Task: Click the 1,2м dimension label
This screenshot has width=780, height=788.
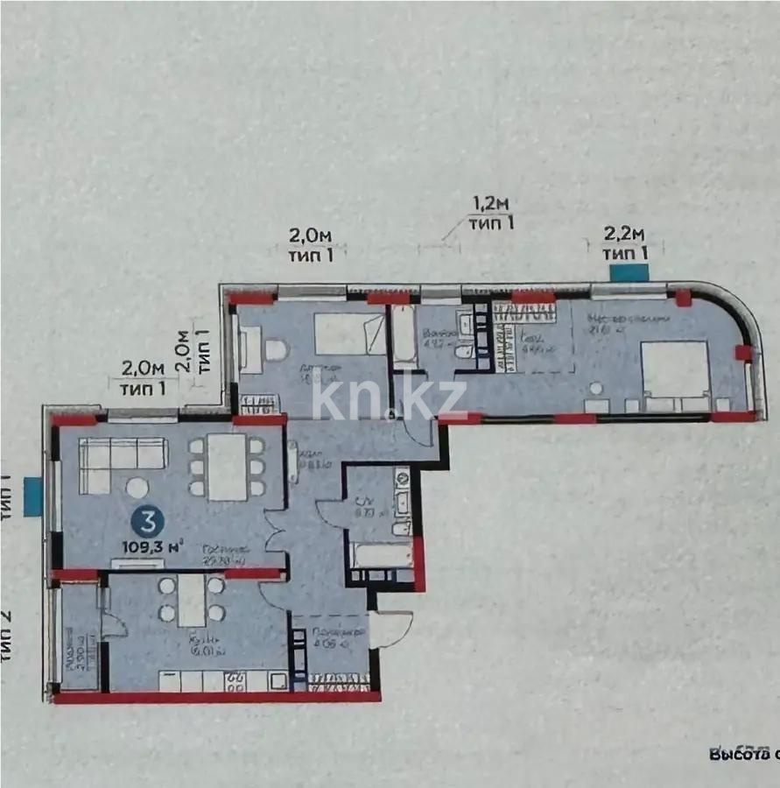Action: [491, 204]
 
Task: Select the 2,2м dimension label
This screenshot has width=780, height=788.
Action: [626, 234]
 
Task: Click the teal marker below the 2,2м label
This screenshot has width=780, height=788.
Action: [628, 271]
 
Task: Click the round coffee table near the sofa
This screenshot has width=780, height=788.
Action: [137, 488]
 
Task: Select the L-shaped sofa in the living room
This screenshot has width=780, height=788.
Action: [123, 461]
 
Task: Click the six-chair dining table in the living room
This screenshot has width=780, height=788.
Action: [227, 468]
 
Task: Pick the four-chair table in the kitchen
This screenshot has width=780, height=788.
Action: [192, 600]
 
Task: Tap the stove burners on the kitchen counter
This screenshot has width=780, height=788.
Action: [235, 681]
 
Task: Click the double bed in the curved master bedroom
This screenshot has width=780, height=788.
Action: [675, 376]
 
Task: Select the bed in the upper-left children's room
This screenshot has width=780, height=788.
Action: [350, 334]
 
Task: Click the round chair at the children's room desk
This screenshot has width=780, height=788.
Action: [276, 350]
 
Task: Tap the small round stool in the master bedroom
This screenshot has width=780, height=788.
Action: [596, 388]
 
